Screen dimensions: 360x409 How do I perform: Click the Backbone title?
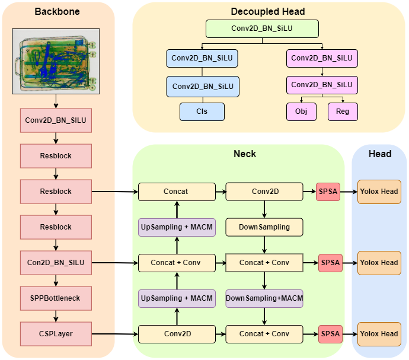[57, 12]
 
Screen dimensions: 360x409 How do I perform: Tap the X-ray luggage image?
[56, 62]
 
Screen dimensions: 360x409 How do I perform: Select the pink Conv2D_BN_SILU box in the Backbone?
[56, 120]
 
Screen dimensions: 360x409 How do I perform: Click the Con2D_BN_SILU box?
[56, 263]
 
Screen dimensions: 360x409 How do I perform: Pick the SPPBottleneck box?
[56, 298]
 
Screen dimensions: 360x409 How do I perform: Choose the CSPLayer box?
[56, 334]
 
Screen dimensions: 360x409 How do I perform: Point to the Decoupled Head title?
[268, 12]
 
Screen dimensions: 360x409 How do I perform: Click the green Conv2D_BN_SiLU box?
[262, 29]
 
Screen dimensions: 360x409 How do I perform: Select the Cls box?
[203, 111]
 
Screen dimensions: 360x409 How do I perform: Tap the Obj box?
[301, 111]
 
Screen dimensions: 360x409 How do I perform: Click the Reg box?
[343, 111]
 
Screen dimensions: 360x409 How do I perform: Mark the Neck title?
[245, 154]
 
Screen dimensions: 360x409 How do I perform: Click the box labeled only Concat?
[177, 192]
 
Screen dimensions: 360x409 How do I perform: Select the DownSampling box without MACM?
[264, 227]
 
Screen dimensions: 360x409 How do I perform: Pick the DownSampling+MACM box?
[264, 298]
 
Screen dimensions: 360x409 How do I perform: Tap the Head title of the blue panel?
[380, 154]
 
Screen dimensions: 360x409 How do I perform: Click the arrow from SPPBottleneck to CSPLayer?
[56, 316]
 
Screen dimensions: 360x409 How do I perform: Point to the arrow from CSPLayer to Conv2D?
[114, 334]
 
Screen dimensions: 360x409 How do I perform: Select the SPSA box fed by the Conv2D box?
[328, 192]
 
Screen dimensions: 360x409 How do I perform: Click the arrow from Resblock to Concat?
[114, 192]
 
